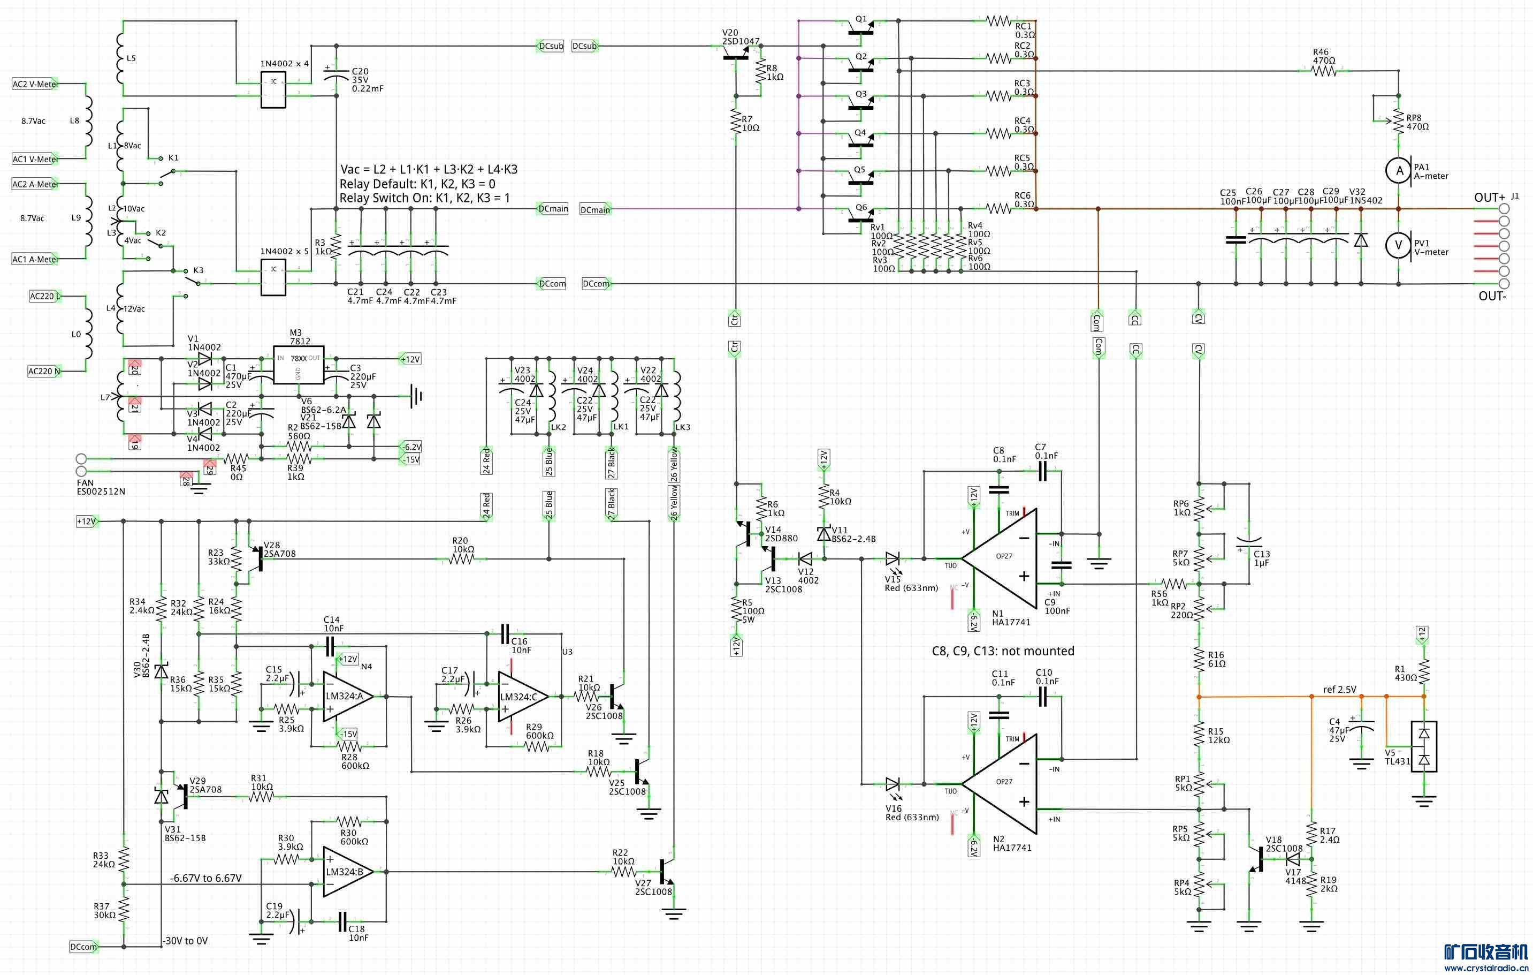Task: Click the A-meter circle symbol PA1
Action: coord(1399,171)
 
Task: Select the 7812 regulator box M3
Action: coord(298,365)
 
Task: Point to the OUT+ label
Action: coord(1489,198)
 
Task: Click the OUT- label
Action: coord(1492,296)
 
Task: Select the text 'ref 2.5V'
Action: coord(1339,690)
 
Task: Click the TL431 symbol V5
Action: coord(1424,746)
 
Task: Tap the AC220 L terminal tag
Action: coord(45,296)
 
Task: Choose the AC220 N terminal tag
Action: coord(44,371)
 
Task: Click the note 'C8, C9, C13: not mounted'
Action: coord(1003,651)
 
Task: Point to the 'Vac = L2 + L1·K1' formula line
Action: coord(429,169)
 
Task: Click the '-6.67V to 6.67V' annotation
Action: coord(205,878)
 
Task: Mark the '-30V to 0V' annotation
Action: coord(185,941)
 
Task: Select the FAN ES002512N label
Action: coord(101,487)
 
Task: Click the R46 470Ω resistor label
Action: coord(1324,57)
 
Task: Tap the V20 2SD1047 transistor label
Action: coord(741,37)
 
